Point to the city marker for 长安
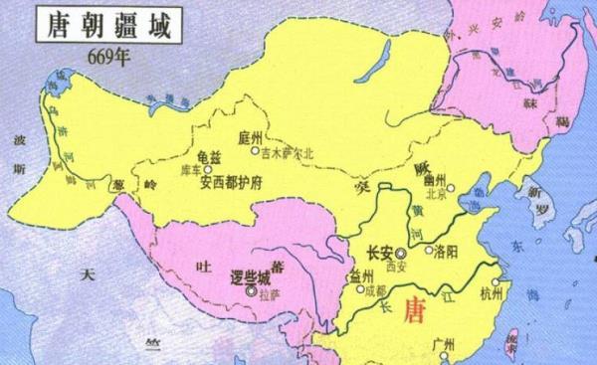403,253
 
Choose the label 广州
442,344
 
